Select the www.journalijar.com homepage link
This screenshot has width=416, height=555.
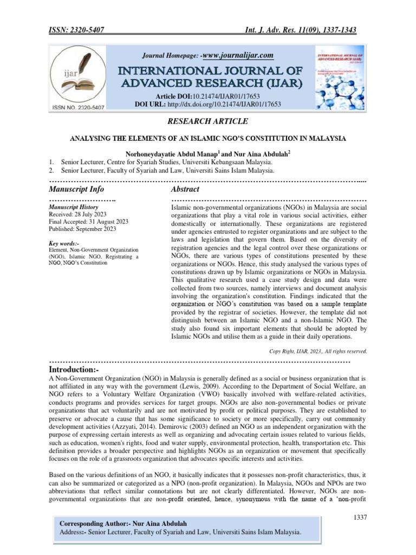[237, 55]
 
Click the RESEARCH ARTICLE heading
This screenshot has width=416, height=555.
[208, 121]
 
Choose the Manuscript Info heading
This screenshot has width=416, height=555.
[76, 189]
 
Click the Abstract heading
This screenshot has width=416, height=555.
[185, 189]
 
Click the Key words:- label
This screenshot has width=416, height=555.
[63, 243]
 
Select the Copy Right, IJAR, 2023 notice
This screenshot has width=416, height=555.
[318, 351]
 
